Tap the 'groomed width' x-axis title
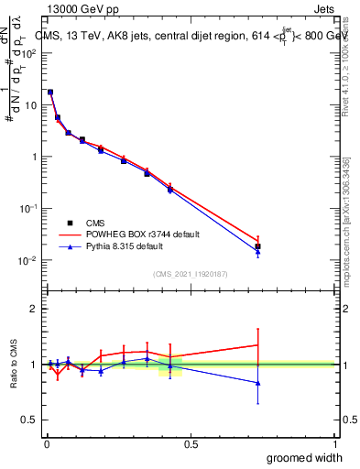(304, 457)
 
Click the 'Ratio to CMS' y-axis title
(14, 364)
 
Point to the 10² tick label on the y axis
(29, 52)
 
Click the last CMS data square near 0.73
(258, 246)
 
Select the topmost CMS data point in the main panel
(50, 92)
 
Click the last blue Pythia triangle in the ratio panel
(258, 383)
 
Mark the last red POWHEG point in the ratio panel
(258, 344)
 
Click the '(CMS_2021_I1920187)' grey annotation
(191, 272)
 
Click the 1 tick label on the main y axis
(33, 157)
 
